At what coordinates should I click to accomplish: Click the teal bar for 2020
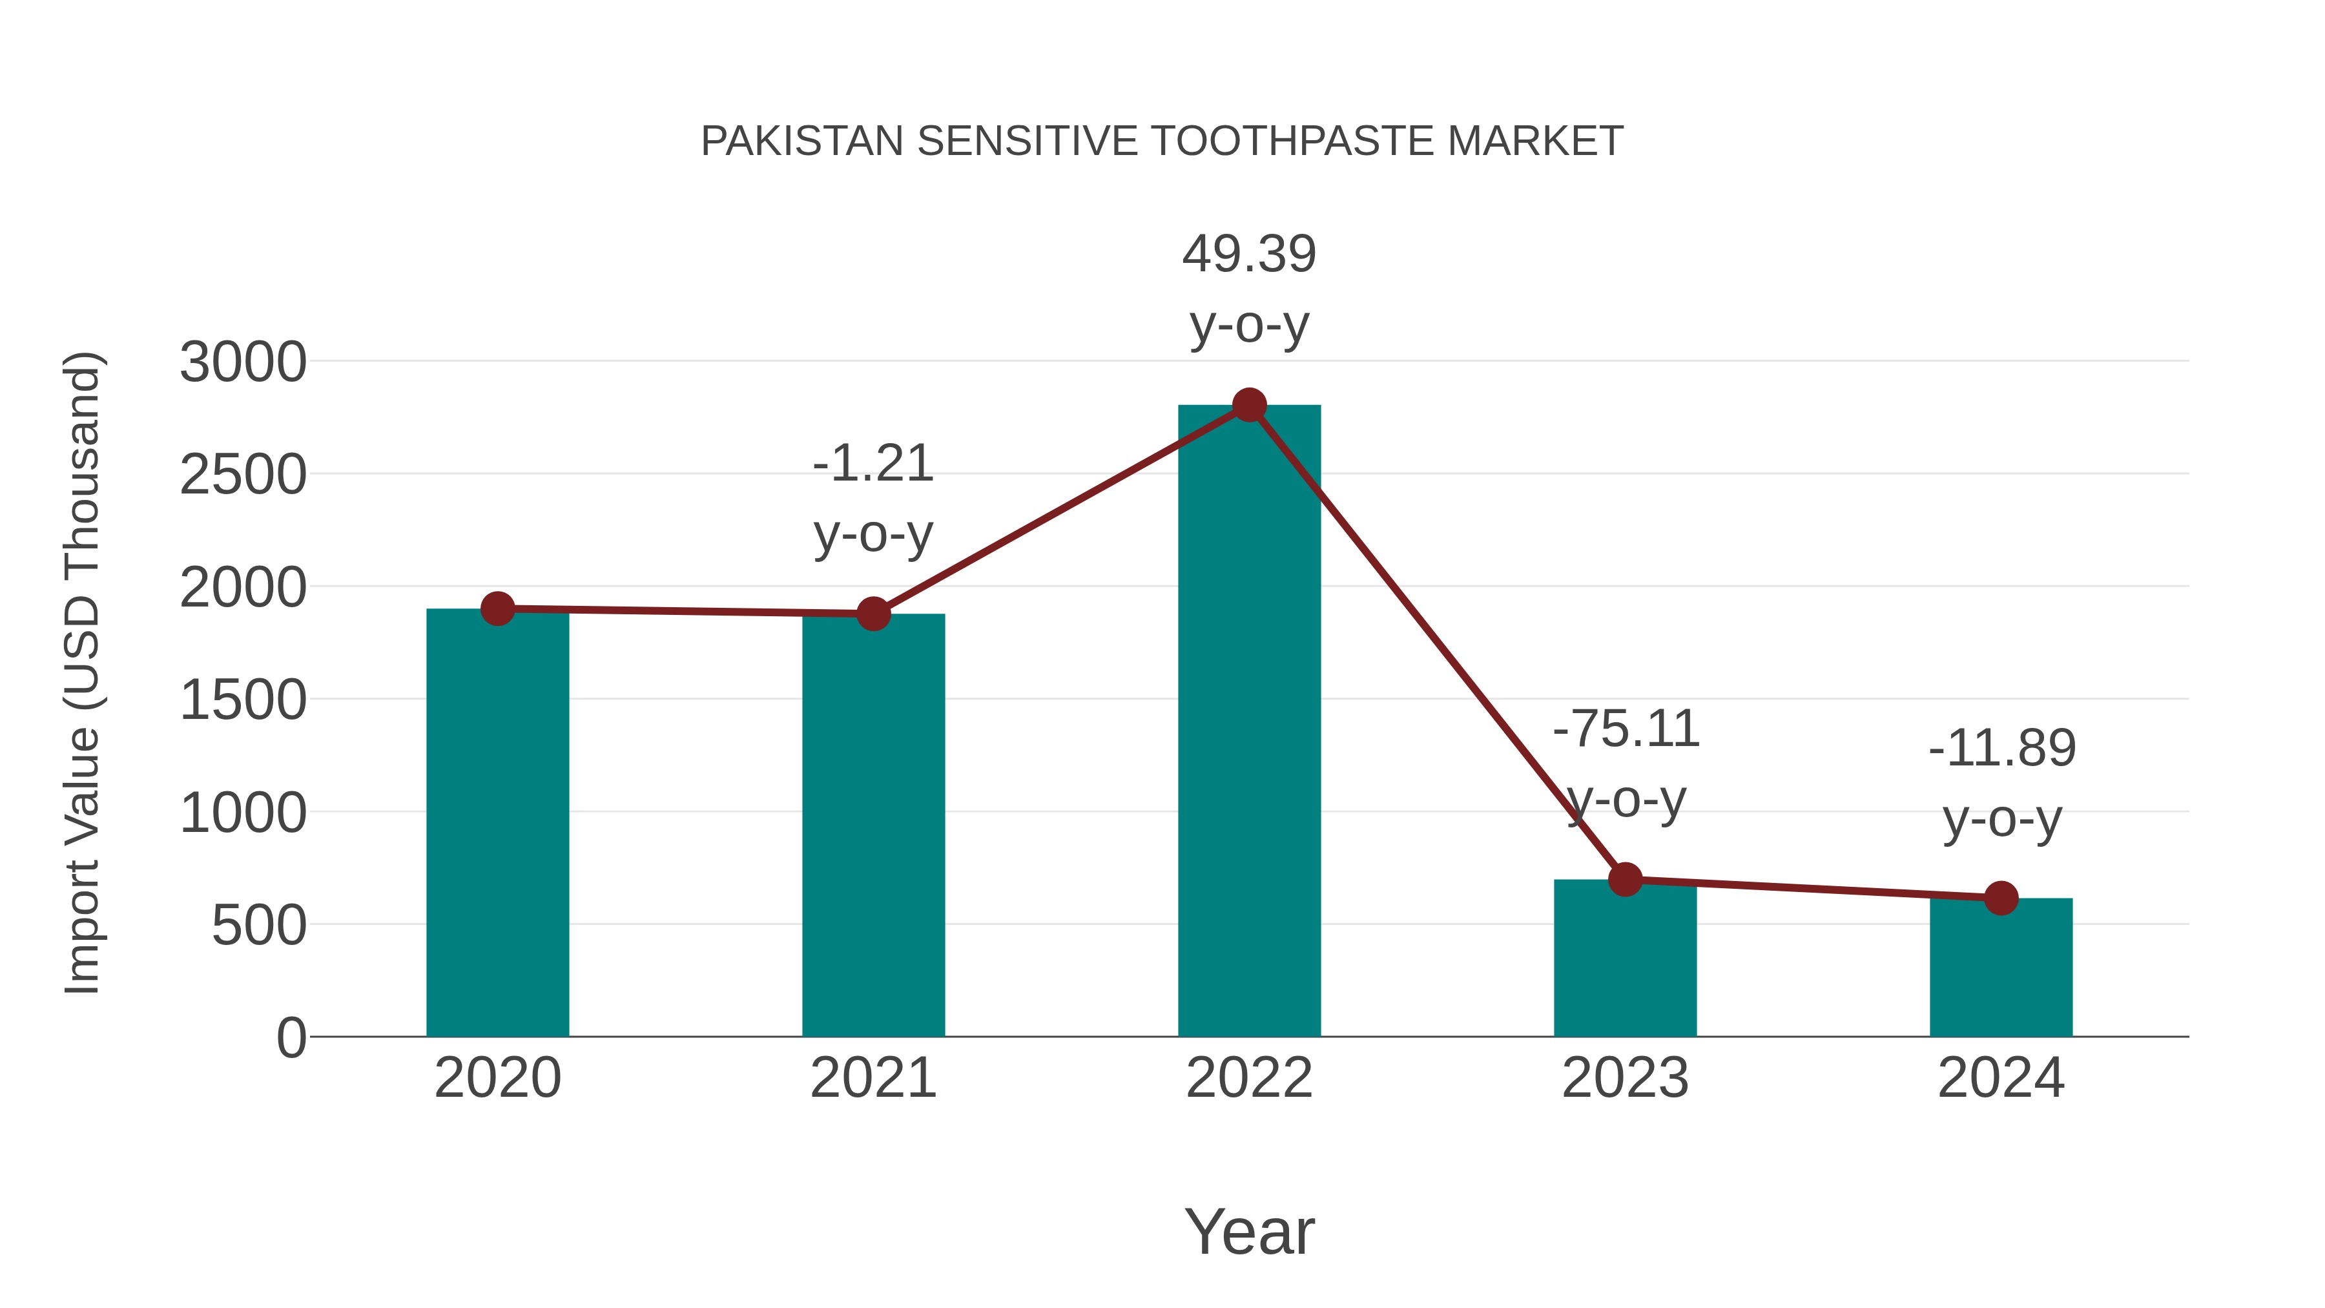[497, 822]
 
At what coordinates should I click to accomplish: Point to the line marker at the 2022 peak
[1249, 405]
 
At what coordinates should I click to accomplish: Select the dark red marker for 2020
[497, 609]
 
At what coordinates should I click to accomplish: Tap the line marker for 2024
[2001, 898]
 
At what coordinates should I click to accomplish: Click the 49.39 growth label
[1249, 254]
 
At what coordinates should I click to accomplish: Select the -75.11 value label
[1626, 729]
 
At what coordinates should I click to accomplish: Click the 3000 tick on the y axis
[243, 363]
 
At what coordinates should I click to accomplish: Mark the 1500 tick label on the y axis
[243, 700]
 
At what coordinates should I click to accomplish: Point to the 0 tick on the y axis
[291, 1038]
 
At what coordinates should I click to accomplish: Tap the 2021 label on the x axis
[873, 1078]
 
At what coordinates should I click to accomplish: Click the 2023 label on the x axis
[1625, 1078]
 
